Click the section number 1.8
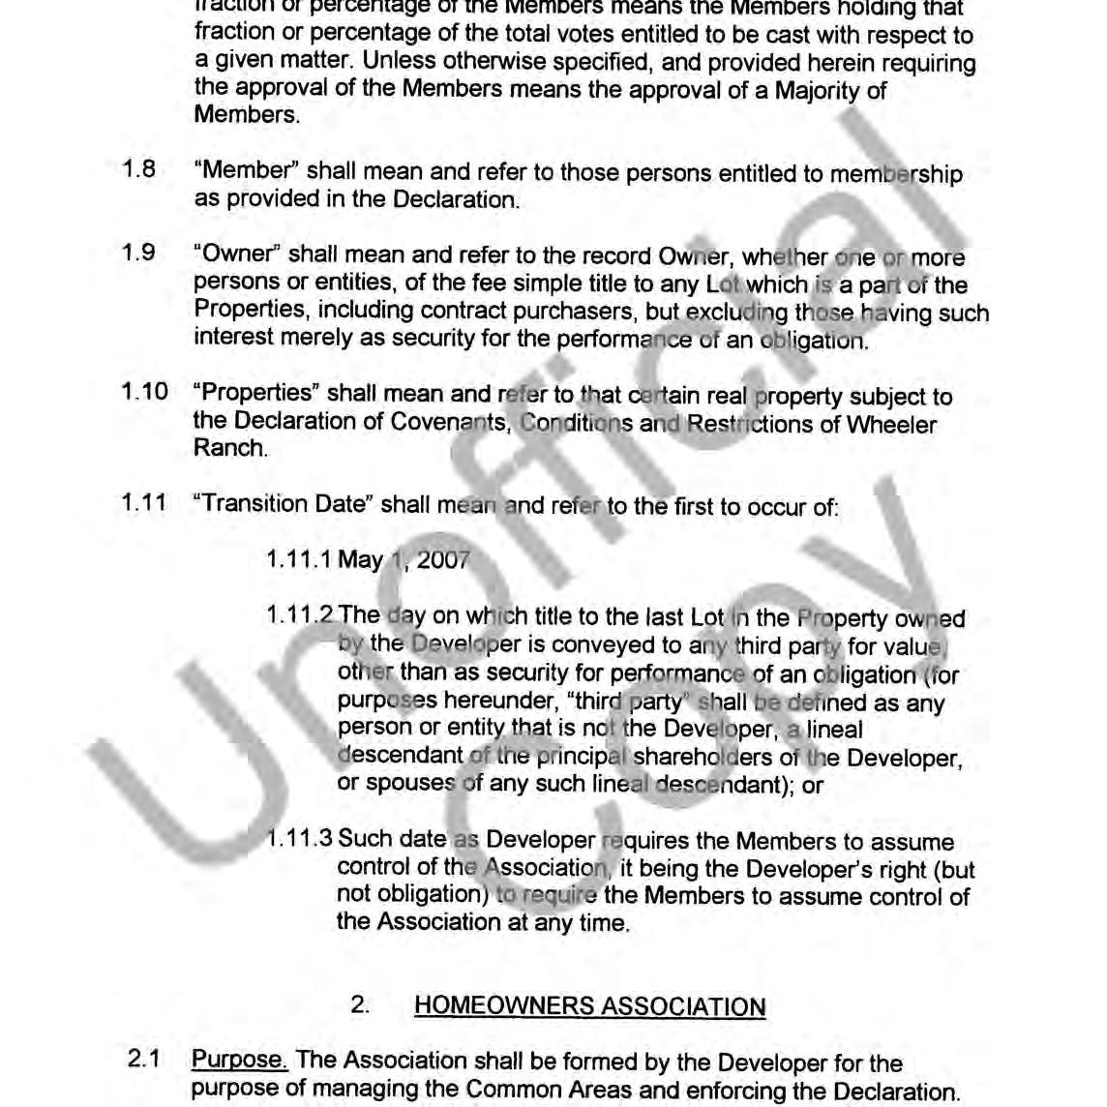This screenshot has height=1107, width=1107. click(138, 169)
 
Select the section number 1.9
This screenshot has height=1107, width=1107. click(138, 254)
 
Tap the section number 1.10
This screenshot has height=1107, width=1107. click(144, 392)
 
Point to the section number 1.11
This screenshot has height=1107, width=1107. click(144, 503)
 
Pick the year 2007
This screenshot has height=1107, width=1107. click(443, 560)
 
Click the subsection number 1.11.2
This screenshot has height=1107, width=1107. click(300, 615)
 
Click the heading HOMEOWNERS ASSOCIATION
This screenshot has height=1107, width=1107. click(589, 1006)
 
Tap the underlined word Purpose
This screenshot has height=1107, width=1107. click(238, 1061)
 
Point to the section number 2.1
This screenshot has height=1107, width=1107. click(143, 1060)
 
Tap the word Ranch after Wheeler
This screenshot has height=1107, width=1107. click(229, 448)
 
